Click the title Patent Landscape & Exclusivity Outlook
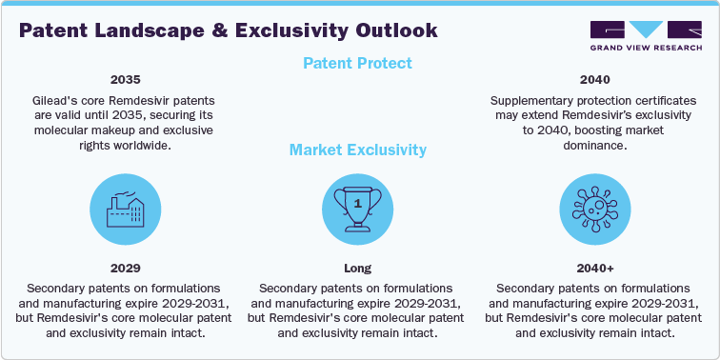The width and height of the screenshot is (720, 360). (x=229, y=30)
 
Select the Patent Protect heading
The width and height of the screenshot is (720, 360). (x=358, y=64)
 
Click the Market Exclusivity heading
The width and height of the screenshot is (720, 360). (x=358, y=150)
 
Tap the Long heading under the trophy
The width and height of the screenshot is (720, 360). (x=358, y=269)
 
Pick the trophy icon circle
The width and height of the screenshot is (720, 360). (x=358, y=208)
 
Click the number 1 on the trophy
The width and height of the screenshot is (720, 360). (x=358, y=202)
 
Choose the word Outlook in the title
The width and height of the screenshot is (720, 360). (x=391, y=30)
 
